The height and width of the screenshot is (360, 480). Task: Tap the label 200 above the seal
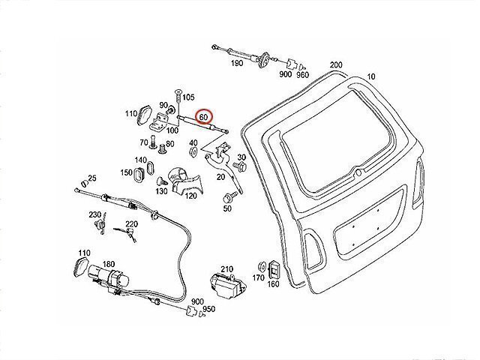(335, 65)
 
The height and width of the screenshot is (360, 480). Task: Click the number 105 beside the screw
(187, 97)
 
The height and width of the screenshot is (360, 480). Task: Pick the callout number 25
(92, 178)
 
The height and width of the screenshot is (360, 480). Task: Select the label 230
(94, 215)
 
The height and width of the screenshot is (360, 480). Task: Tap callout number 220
(131, 224)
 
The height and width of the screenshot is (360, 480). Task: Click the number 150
(126, 173)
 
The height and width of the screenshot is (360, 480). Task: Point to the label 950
(209, 309)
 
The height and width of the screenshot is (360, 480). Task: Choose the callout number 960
(302, 75)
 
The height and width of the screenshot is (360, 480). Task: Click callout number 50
(226, 208)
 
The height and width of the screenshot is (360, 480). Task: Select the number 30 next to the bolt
(241, 157)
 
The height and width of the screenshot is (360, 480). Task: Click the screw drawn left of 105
(177, 97)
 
